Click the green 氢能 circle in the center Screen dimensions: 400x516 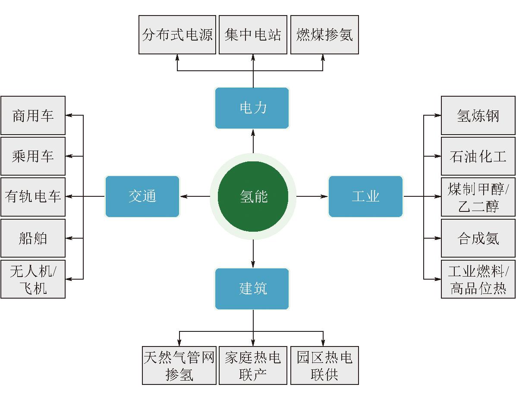tap(253, 196)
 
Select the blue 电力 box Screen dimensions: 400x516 tap(252, 108)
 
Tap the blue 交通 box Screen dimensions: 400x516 tap(142, 196)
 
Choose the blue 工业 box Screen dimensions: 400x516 tap(365, 196)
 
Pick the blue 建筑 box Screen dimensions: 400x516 tap(252, 289)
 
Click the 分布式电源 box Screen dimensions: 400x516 tap(177, 35)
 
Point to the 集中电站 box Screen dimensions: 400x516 tap(253, 35)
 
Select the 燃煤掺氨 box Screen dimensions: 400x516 tap(324, 35)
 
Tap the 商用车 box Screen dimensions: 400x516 tap(33, 116)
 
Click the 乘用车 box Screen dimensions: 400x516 tap(33, 156)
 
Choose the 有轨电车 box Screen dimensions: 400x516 tap(33, 197)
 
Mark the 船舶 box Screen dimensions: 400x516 tap(33, 238)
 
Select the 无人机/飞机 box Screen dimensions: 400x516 tap(33, 279)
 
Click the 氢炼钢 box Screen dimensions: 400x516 tap(478, 116)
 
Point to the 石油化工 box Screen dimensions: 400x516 tap(478, 156)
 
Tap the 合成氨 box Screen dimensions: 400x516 tap(478, 238)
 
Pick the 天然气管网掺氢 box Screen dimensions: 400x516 tap(179, 365)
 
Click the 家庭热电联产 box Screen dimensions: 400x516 tap(253, 365)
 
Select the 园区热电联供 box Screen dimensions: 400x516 tap(324, 365)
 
